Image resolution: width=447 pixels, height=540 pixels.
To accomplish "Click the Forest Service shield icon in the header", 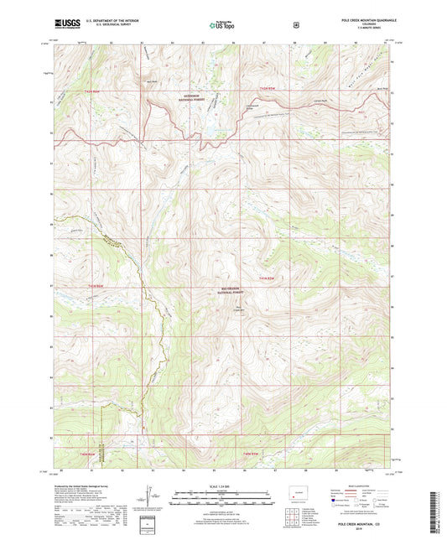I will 296,24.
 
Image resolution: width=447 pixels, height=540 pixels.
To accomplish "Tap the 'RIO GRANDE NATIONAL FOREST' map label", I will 229,291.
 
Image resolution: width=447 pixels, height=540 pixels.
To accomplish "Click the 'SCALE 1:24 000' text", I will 222,488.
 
